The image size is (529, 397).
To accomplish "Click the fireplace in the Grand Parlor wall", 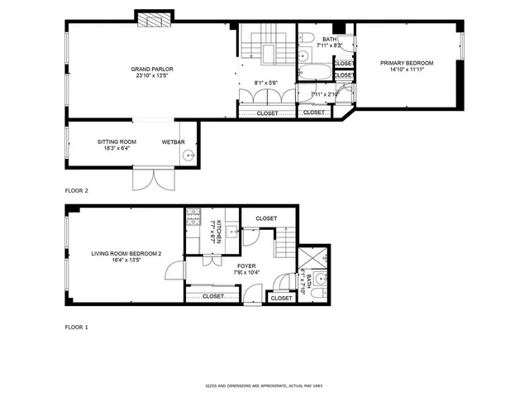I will pos(155,18).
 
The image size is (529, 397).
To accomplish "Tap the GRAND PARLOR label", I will pos(152,69).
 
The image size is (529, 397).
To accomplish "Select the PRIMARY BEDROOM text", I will pos(407,63).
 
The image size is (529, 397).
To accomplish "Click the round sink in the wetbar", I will pos(189,155).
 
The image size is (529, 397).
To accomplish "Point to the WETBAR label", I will pos(172,142).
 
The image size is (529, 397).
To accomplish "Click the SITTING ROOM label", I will pos(117,142).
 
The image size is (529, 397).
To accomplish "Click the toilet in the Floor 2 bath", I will pos(305,38).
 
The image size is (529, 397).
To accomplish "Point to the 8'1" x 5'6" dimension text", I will pos(266,83).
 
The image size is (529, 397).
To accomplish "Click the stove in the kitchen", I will pos(193,217).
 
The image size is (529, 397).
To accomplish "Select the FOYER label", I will pos(246,266).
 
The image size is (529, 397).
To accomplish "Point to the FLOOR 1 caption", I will pos(77,328).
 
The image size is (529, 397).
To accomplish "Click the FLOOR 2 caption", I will pos(77,189).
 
